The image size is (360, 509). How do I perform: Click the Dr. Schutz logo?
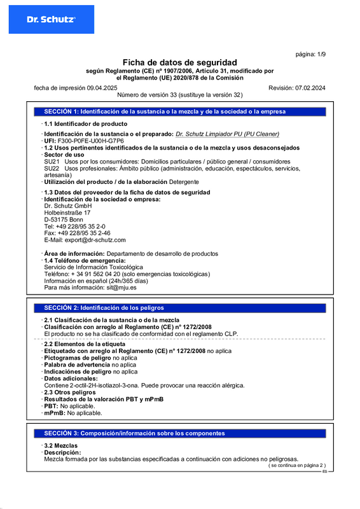point(51,20)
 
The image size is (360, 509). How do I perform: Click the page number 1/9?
point(311,55)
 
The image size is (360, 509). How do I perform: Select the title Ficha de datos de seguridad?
point(179,62)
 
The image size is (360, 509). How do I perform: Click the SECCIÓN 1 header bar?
point(179,111)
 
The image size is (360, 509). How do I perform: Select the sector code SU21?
point(52,162)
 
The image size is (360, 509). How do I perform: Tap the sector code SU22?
point(52,168)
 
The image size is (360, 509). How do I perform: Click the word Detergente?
point(184,182)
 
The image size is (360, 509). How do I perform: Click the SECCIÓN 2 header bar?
point(179,307)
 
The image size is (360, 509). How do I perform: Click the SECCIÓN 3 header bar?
point(179,433)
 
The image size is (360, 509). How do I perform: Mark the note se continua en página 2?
point(296,465)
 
